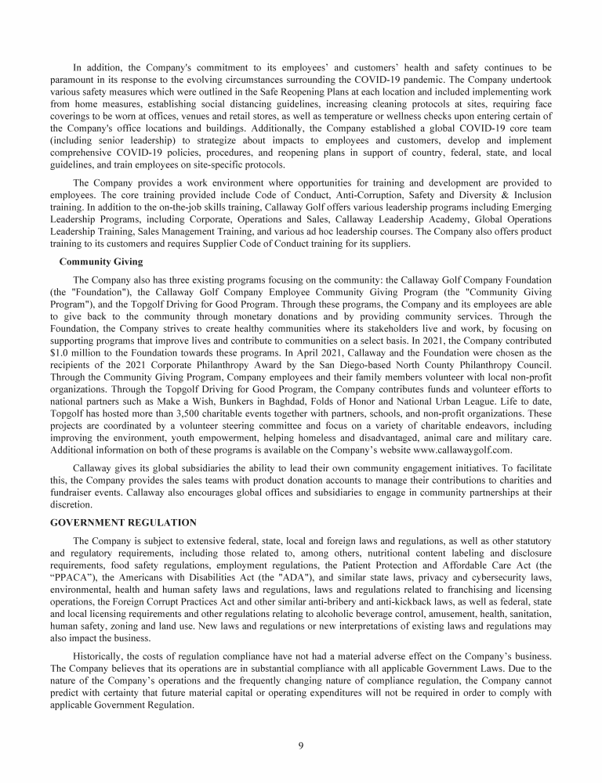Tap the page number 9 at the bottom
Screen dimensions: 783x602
pyautogui.click(x=301, y=745)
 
